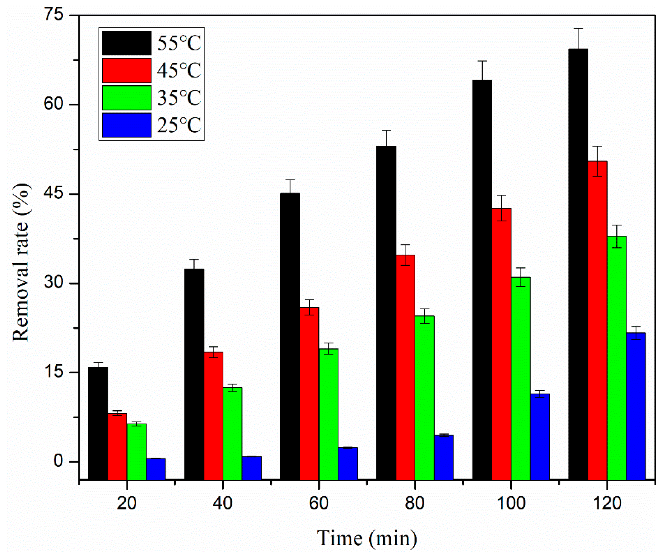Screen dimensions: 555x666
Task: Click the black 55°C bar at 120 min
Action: (x=578, y=263)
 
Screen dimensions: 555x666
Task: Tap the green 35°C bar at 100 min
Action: (x=520, y=377)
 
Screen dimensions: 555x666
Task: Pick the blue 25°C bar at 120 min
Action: (x=636, y=406)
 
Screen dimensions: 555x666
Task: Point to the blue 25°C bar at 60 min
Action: (x=348, y=463)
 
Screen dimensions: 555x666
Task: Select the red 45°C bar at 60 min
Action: (x=309, y=393)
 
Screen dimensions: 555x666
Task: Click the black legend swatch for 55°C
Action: (x=127, y=43)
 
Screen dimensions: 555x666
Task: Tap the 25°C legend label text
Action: (x=179, y=125)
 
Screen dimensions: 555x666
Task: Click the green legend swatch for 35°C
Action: (x=127, y=98)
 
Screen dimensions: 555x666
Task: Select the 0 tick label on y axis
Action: (x=58, y=461)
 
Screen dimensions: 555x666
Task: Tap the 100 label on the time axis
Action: (x=511, y=503)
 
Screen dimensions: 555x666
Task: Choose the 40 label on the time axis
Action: (x=223, y=503)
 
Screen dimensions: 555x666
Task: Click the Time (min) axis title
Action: (x=367, y=538)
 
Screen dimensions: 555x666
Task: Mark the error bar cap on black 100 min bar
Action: (x=482, y=61)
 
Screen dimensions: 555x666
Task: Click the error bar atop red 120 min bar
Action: (x=597, y=147)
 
